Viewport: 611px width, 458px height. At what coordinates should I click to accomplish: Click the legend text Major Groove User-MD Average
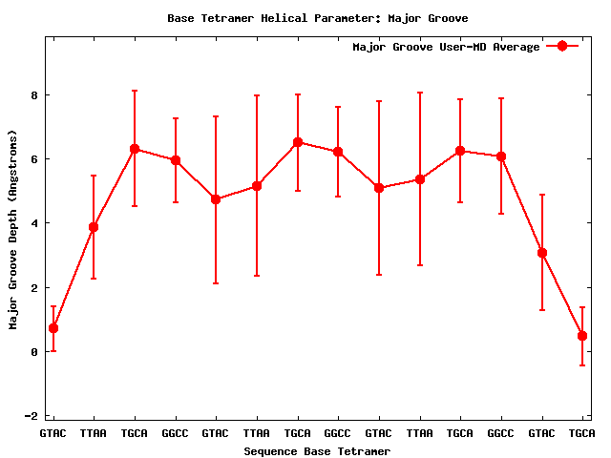click(446, 47)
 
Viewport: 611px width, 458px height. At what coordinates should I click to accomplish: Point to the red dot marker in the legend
click(562, 47)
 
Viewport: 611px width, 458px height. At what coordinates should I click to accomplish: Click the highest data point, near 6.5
click(298, 142)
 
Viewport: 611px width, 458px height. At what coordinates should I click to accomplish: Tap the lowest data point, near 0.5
click(582, 336)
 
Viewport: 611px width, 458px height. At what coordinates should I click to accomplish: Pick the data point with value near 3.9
click(94, 227)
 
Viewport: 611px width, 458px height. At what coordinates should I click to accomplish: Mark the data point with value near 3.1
click(542, 253)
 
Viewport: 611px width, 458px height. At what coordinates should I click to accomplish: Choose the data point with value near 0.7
click(53, 328)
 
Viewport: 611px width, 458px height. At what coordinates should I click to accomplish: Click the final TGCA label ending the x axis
click(582, 433)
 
